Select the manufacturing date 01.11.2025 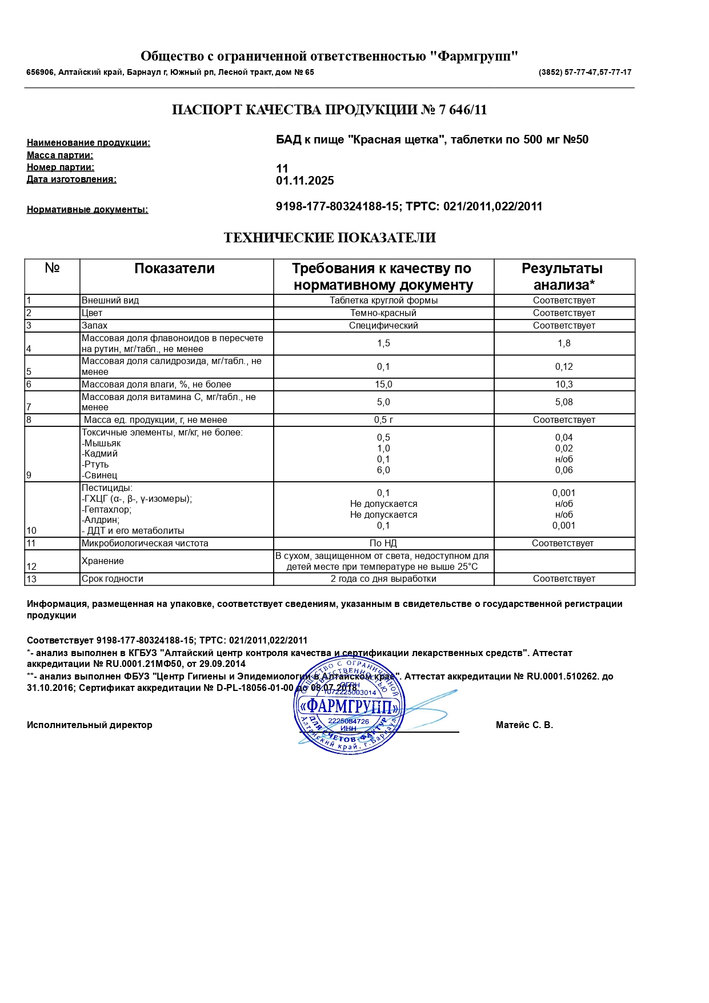tap(305, 181)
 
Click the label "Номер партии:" tap(61, 167)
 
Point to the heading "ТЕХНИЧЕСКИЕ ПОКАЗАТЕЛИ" tap(330, 238)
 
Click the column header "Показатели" tap(174, 269)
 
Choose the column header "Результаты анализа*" tap(563, 277)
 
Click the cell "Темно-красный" tap(383, 313)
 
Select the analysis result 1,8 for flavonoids tap(563, 343)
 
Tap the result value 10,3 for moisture tap(563, 385)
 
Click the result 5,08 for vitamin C tap(563, 402)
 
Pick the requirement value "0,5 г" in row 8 tap(383, 420)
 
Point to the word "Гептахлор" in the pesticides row tap(107, 509)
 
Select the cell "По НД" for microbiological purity tap(383, 544)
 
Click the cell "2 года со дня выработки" tap(383, 579)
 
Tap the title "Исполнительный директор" tap(90, 725)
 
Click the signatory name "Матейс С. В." tap(524, 725)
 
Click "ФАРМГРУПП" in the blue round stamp tap(348, 706)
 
